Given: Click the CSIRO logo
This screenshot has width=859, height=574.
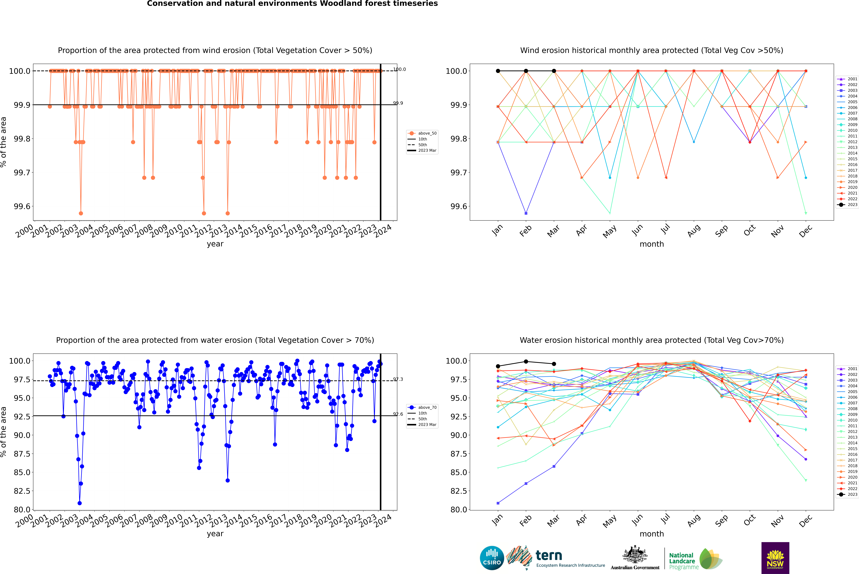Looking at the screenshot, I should point(492,558).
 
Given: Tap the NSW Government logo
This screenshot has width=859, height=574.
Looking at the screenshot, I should point(775,558).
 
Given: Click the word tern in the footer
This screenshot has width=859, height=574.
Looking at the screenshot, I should point(548,555).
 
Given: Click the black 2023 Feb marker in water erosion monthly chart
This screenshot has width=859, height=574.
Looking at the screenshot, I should point(526,362).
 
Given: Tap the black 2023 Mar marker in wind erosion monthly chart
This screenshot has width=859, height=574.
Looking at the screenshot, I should point(554,71).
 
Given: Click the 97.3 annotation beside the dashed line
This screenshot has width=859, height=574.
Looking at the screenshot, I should point(398,379).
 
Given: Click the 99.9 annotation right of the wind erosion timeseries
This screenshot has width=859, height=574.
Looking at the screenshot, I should point(398,103).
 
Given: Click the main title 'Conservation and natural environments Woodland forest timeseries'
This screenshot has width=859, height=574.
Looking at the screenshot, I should point(292,4).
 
